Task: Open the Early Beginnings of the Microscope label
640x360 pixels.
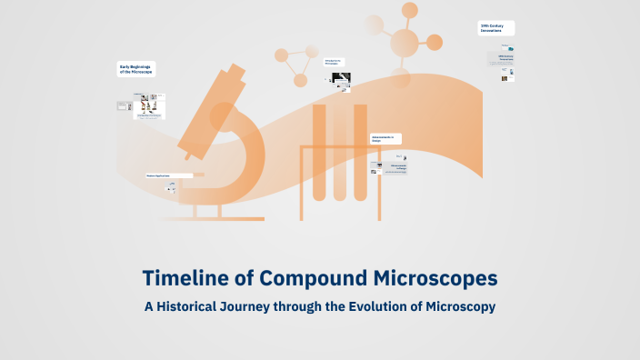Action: (x=136, y=69)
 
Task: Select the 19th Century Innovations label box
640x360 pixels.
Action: (x=496, y=28)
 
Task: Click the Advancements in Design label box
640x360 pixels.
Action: (x=385, y=139)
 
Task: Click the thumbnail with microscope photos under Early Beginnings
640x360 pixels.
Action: (x=150, y=105)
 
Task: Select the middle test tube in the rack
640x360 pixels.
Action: (x=339, y=155)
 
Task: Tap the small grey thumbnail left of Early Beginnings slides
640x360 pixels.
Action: (x=125, y=106)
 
